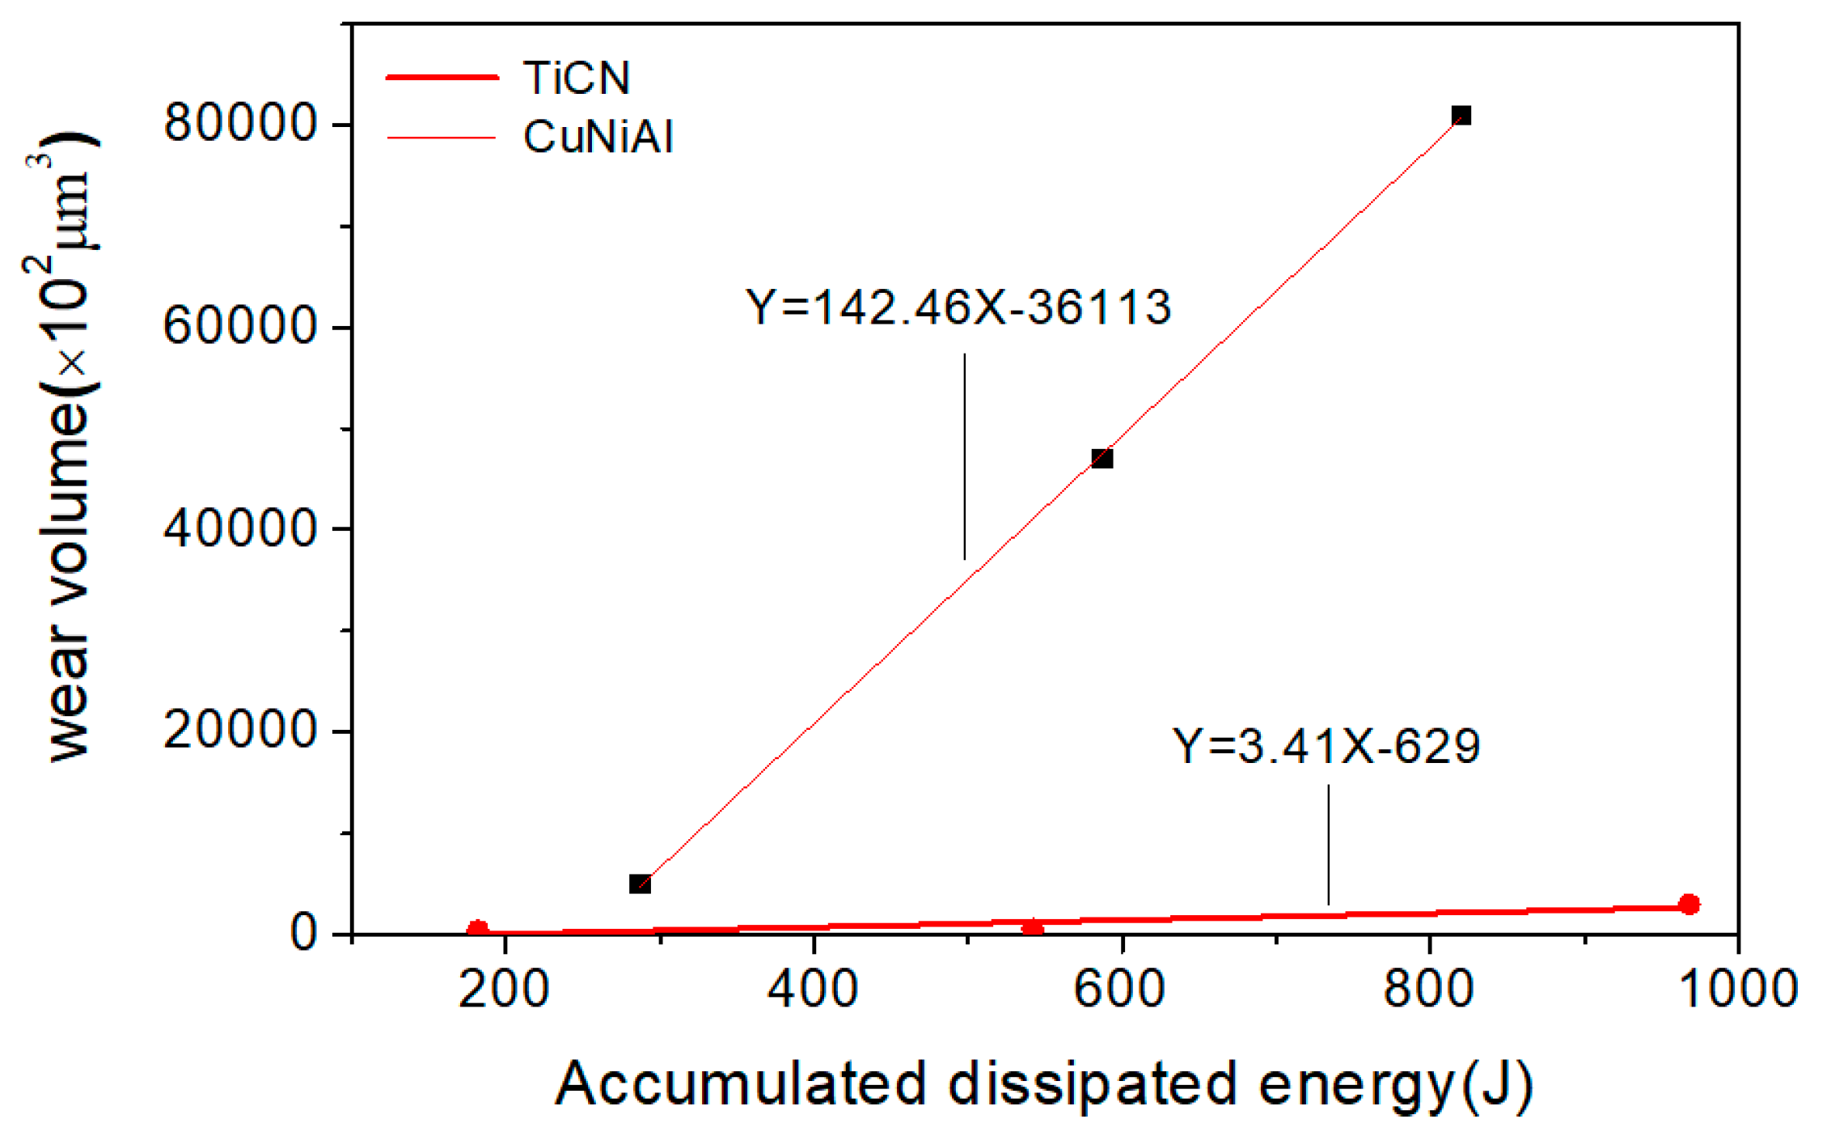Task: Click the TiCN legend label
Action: point(576,78)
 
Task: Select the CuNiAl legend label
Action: point(598,136)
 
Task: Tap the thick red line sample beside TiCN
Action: point(442,77)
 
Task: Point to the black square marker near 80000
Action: point(1461,116)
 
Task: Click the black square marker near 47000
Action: point(1102,459)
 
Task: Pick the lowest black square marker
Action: point(640,884)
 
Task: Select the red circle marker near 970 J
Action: point(1689,904)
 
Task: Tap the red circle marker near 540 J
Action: point(1032,927)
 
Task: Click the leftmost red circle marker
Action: point(477,930)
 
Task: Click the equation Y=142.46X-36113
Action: point(958,307)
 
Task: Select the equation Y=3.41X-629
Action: point(1326,746)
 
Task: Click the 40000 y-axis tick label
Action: point(239,528)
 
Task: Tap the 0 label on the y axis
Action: point(303,934)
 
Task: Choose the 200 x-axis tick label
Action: point(504,989)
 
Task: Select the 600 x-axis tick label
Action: point(1120,989)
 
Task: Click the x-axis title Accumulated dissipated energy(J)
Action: point(1043,1084)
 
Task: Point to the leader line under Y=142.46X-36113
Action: point(964,456)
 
